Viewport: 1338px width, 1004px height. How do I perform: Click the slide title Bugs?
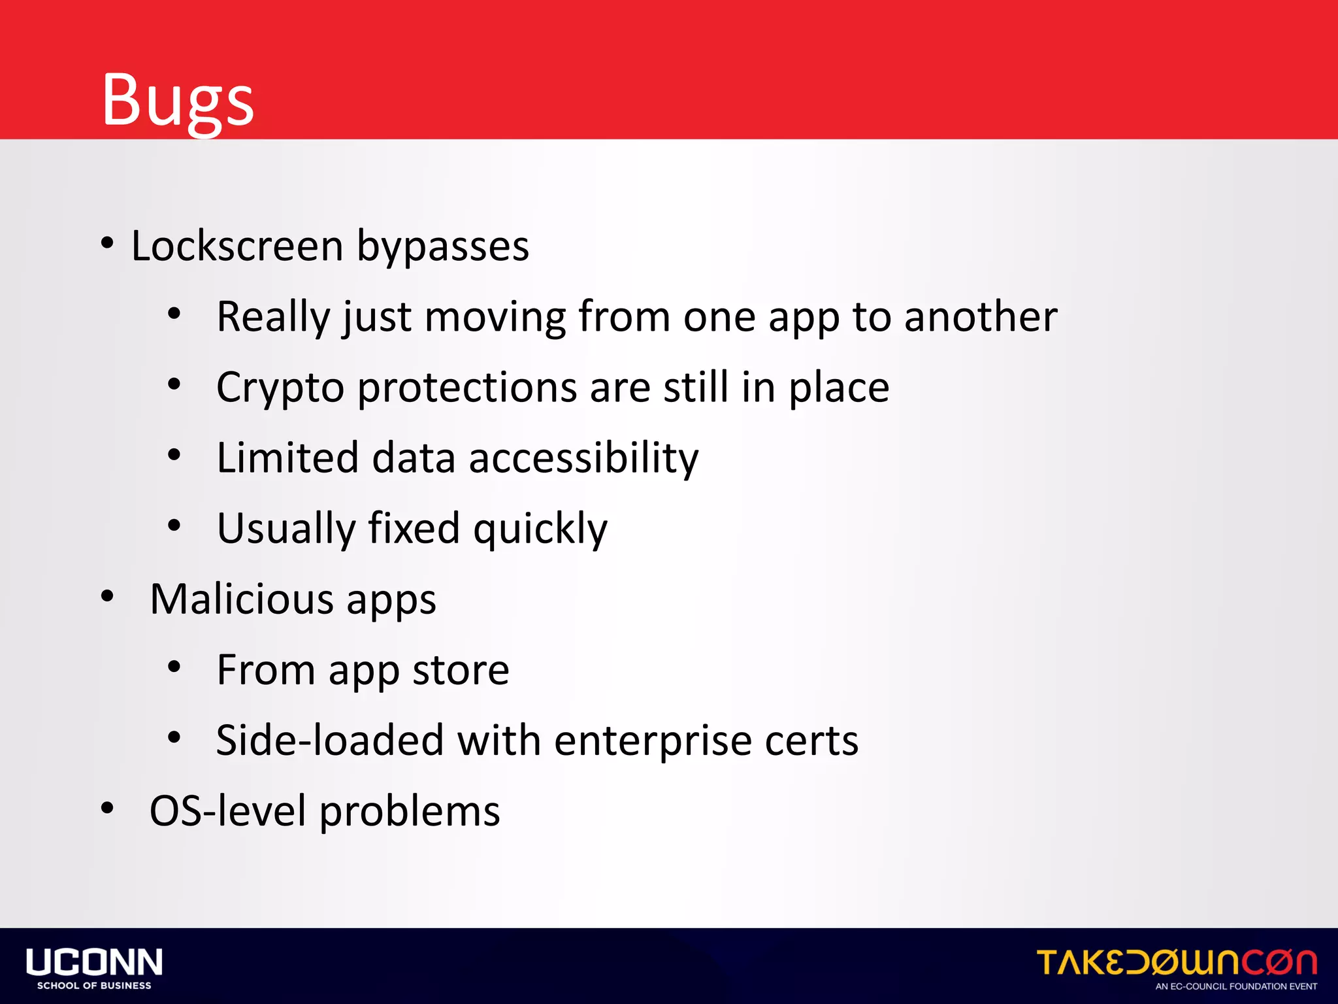[178, 99]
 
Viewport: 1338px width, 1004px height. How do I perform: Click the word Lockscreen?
[237, 246]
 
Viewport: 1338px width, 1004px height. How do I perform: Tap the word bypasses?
[442, 248]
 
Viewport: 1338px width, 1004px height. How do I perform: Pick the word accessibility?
[583, 458]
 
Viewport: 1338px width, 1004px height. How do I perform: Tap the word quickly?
[540, 529]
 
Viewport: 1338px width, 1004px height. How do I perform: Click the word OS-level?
[227, 812]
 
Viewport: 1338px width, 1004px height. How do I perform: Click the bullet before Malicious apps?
[108, 596]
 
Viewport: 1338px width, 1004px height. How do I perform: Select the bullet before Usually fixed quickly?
[174, 526]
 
